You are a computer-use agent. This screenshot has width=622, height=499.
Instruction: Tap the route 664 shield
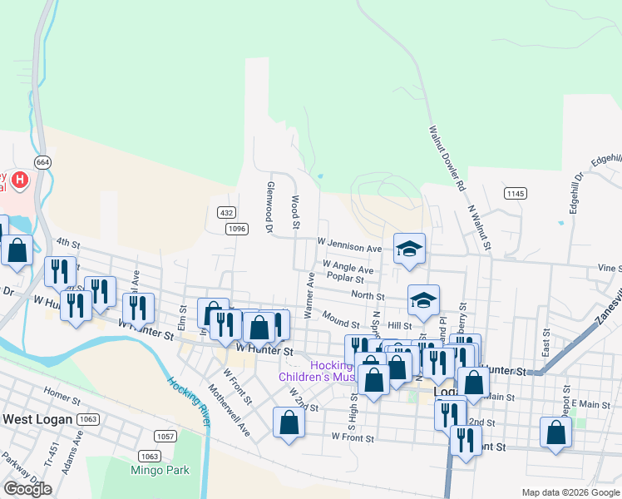click(42, 161)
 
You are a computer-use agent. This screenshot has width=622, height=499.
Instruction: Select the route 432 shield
click(225, 213)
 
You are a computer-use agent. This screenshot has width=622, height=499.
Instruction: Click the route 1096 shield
click(236, 229)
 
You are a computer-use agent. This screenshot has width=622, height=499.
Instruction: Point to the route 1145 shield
click(515, 193)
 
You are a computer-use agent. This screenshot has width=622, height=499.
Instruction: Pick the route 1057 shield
click(165, 436)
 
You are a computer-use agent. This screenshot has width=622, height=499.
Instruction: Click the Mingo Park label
click(160, 470)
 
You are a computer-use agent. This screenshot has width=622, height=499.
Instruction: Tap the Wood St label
click(295, 212)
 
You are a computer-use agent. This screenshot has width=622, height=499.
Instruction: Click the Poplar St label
click(346, 277)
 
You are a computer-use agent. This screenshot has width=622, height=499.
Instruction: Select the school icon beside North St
click(423, 301)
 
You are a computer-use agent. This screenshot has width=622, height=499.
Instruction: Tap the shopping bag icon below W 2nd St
click(289, 422)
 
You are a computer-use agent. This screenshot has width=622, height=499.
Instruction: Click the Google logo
click(27, 489)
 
